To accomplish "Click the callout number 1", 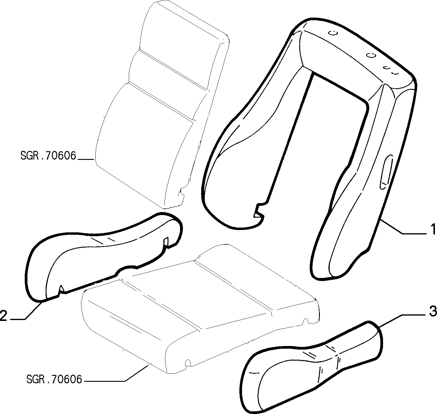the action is [x=433, y=230].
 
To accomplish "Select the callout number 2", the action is [x=4, y=316].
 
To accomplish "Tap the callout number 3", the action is [x=433, y=311].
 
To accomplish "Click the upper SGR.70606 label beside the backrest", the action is [x=48, y=155].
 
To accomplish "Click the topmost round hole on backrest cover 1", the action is [x=334, y=33].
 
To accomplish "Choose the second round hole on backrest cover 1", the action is [x=371, y=55].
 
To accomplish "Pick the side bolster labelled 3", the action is [x=311, y=367].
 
